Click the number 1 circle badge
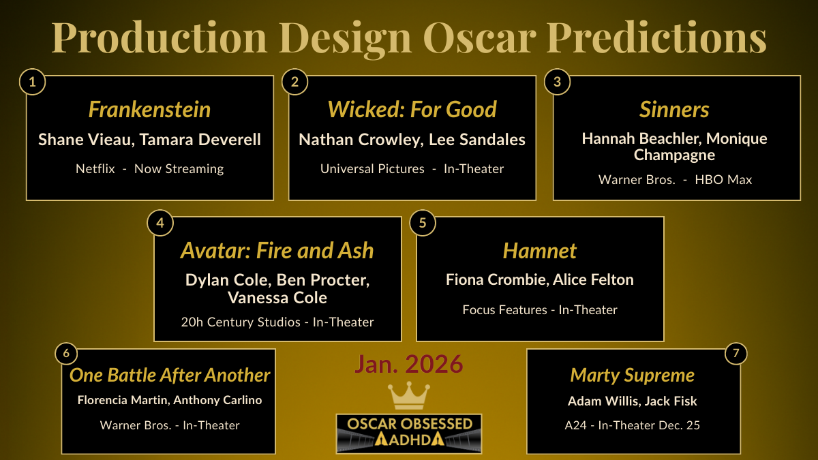click(31, 82)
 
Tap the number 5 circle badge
click(423, 224)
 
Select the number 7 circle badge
click(735, 354)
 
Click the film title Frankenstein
click(149, 110)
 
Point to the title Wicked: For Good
click(412, 110)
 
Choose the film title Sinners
click(674, 110)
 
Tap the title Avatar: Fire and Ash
click(277, 251)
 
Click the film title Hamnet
click(539, 251)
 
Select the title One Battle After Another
click(170, 375)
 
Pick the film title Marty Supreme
click(632, 375)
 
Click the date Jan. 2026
click(408, 365)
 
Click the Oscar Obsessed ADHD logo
click(408, 433)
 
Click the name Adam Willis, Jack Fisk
click(632, 401)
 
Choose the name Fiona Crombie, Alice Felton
click(539, 279)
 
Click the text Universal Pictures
click(372, 168)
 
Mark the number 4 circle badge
click(160, 224)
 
